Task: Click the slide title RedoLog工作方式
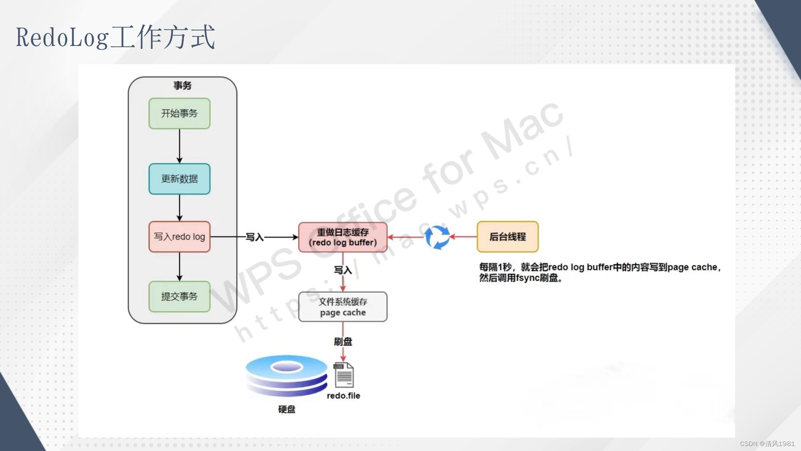[x=115, y=37]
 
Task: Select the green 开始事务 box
[x=179, y=114]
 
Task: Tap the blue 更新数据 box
[x=179, y=179]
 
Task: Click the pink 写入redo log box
[x=179, y=237]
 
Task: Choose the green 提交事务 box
[x=179, y=296]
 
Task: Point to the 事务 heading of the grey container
[x=182, y=86]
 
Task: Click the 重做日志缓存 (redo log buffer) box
[x=343, y=237]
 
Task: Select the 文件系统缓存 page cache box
[x=343, y=307]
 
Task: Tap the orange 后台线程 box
[x=507, y=237]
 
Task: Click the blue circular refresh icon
[x=437, y=237]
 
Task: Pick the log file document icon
[x=344, y=375]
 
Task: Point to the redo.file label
[x=343, y=396]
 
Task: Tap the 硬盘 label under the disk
[x=287, y=410]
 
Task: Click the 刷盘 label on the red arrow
[x=343, y=342]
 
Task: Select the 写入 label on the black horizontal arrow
[x=254, y=237]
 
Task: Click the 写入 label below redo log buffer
[x=343, y=270]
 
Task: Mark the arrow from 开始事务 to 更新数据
[x=179, y=146]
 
